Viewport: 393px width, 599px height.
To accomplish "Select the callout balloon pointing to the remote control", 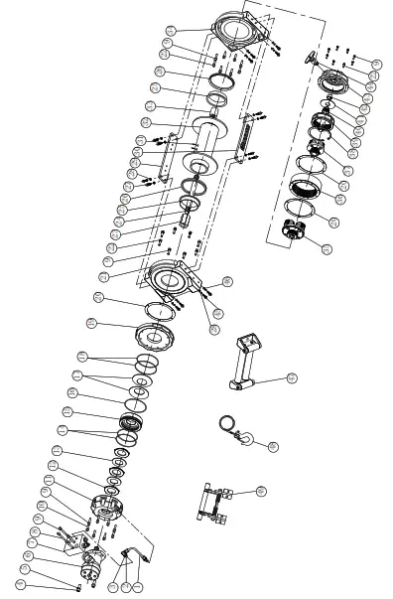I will coord(292,377).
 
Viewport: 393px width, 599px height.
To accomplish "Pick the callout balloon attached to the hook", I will coord(273,447).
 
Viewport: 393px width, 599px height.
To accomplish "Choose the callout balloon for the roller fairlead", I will coord(261,491).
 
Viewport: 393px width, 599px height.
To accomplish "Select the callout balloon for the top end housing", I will coord(171,31).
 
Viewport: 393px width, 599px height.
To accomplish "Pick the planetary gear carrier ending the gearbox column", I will coord(296,231).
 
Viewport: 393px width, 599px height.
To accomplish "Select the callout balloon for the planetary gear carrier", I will coord(327,249).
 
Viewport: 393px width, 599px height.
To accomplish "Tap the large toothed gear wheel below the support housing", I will coord(155,334).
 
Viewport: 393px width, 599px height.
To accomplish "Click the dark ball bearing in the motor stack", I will coord(132,421).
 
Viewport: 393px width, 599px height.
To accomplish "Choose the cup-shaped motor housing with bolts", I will coord(105,506).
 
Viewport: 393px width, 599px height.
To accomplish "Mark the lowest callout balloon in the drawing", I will coord(21,584).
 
